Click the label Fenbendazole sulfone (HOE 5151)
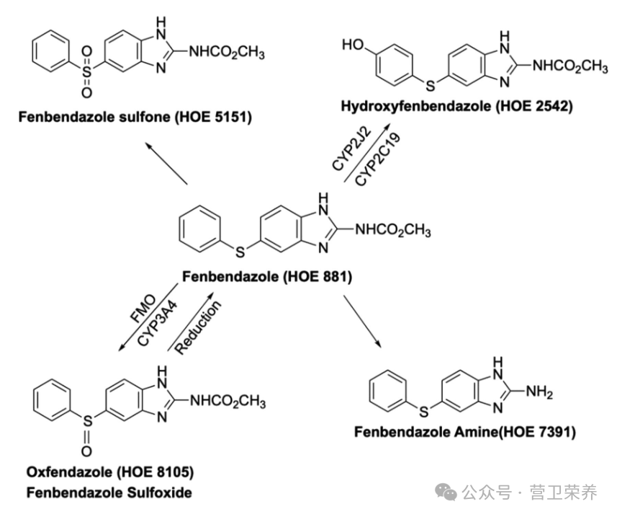coord(135,117)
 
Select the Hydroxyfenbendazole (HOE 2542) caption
coord(456,106)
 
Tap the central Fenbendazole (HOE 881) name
coord(267,276)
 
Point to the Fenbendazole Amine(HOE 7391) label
coord(464,432)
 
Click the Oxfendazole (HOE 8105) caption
coord(110,472)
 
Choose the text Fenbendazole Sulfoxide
coord(109,492)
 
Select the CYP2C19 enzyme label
coord(378,159)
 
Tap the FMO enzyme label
coord(143,309)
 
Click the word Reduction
coord(198,327)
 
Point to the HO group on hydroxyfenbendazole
coord(353,45)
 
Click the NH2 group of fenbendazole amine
coord(539,392)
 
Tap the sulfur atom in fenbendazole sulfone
coord(86,71)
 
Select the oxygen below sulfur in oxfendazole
coord(86,451)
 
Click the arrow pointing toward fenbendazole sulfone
coord(166,163)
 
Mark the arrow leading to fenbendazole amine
coord(363,321)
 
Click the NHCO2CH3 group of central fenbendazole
coord(393,230)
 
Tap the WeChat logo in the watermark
coord(446,492)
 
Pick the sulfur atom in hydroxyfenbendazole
coord(431,85)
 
